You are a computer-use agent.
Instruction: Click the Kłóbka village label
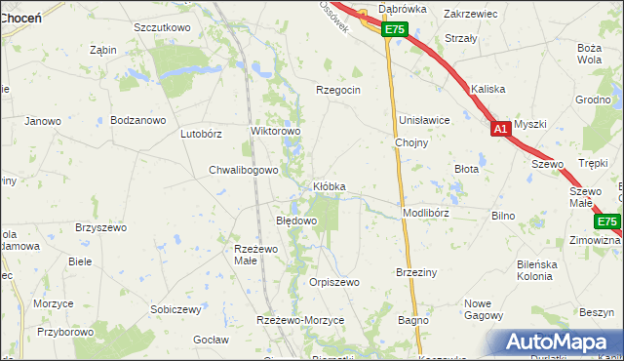pyautogui.click(x=329, y=185)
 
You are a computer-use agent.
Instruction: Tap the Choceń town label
pyautogui.click(x=19, y=18)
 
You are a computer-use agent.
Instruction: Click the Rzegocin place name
pyautogui.click(x=338, y=90)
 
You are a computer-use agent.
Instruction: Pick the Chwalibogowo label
pyautogui.click(x=244, y=170)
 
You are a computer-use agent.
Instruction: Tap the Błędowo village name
pyautogui.click(x=296, y=221)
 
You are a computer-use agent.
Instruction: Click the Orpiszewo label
pyautogui.click(x=334, y=282)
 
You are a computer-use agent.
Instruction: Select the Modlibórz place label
pyautogui.click(x=425, y=212)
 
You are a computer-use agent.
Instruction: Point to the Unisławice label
pyautogui.click(x=423, y=120)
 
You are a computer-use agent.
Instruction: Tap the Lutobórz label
pyautogui.click(x=202, y=135)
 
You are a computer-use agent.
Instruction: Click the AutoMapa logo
pyautogui.click(x=560, y=342)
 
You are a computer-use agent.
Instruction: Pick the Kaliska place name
pyautogui.click(x=487, y=89)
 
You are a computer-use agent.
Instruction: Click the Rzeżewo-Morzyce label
pyautogui.click(x=300, y=321)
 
